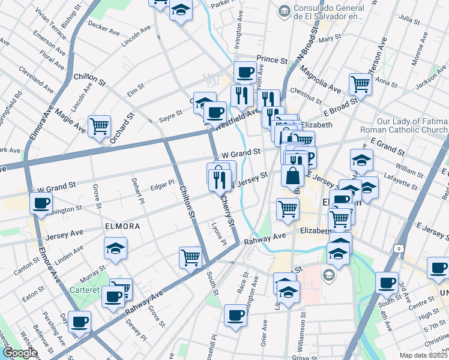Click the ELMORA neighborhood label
click(122, 227)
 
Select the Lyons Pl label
click(219, 234)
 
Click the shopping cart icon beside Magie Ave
click(99, 125)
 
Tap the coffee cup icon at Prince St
click(245, 72)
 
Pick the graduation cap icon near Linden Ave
click(115, 247)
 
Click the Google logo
click(19, 353)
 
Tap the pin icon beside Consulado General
click(283, 11)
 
